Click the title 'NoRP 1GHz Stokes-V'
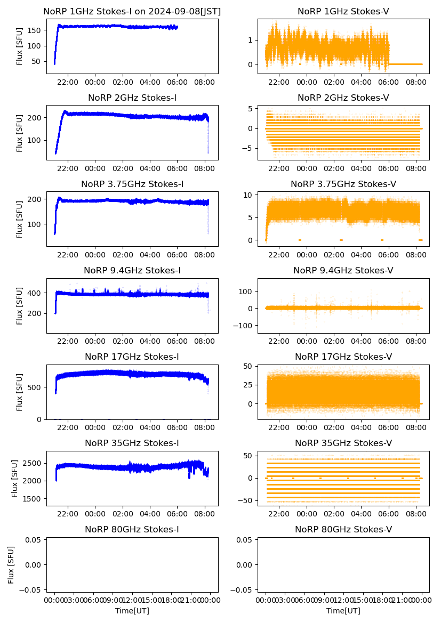tap(343, 11)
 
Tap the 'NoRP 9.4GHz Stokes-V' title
tap(343, 271)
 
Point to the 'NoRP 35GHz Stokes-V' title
tap(343, 443)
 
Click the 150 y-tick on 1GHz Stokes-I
tap(36, 30)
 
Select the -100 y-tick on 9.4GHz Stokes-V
tap(244, 325)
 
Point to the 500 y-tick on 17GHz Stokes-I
tap(36, 387)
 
